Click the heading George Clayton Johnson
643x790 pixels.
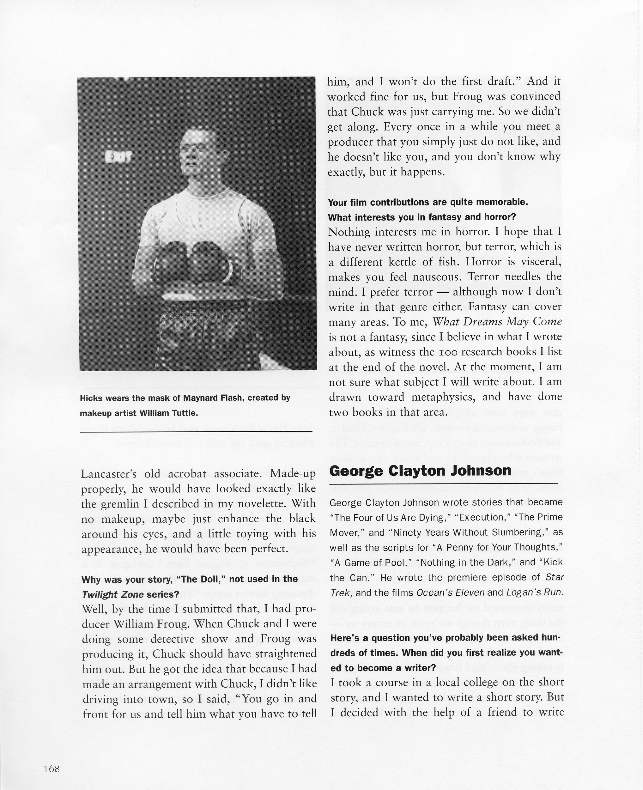(x=420, y=471)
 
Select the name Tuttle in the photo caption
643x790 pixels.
(x=184, y=413)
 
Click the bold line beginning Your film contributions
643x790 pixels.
(x=428, y=202)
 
